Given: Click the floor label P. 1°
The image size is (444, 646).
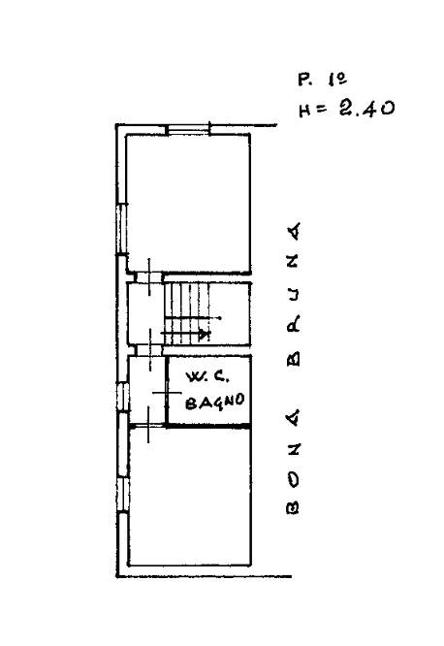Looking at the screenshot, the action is [323, 80].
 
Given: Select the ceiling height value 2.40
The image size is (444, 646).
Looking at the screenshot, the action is [367, 109].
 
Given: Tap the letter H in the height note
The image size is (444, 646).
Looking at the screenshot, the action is [305, 111].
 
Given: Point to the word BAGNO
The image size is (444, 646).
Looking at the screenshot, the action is [214, 402].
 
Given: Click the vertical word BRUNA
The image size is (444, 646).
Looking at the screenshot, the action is [294, 294].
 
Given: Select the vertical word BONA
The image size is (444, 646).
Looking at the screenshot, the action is [294, 462].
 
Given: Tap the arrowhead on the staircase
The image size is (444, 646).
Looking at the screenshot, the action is [204, 335].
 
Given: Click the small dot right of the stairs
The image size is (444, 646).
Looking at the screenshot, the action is [220, 318].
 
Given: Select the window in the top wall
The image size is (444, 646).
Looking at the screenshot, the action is [188, 129].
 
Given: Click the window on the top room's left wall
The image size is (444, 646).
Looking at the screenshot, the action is [121, 229].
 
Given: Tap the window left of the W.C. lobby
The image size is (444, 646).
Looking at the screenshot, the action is [123, 397].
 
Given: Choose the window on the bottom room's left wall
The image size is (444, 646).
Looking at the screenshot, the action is [123, 495].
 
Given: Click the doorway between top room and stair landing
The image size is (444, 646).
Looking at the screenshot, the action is [149, 277].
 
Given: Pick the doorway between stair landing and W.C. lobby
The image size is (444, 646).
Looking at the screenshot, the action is [149, 350].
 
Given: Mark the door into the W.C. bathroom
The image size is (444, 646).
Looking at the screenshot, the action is [167, 393].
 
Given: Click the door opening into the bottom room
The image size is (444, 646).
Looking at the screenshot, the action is [148, 425].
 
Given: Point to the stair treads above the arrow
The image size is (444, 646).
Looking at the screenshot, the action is [187, 299].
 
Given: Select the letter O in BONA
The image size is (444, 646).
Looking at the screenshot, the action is [293, 479].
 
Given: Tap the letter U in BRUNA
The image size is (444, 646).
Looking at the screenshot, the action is [294, 294].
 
